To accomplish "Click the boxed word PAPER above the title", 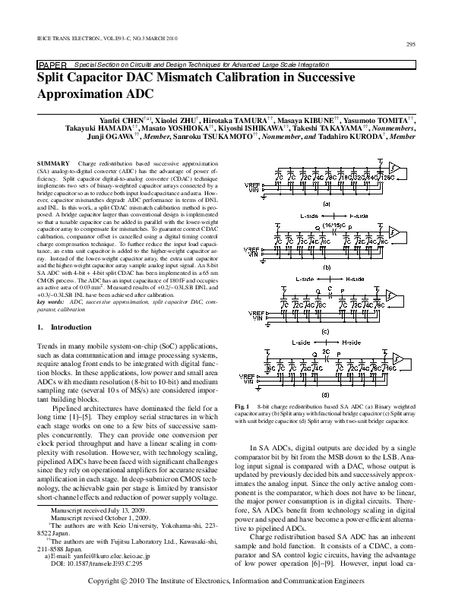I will coord(52,66).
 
